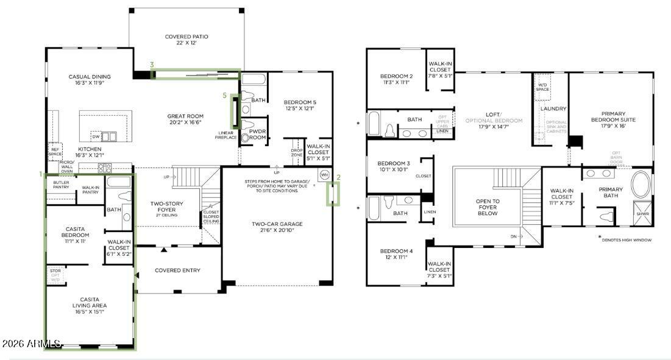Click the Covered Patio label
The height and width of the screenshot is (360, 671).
186,40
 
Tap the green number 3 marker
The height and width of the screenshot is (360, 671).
151,64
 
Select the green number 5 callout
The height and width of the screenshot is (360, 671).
224,95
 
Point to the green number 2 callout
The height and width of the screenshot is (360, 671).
338,177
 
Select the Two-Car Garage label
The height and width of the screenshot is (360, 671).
277,227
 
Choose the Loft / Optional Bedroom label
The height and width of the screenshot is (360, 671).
494,118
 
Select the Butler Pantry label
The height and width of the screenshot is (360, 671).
61,185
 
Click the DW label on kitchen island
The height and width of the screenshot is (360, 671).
95,135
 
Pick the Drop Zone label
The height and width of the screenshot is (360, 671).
297,152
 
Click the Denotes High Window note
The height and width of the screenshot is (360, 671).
626,240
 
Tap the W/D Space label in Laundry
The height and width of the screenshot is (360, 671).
542,86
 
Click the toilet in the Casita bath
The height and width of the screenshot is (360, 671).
124,197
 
